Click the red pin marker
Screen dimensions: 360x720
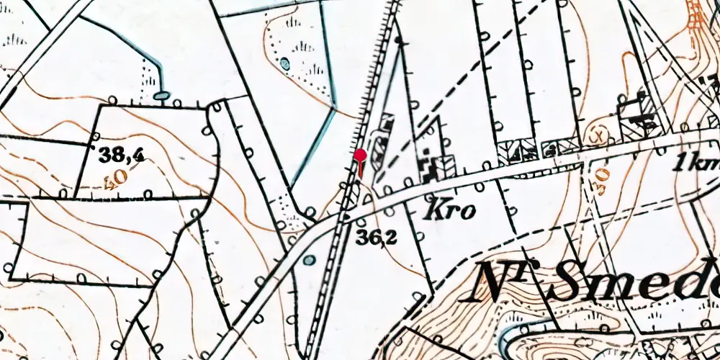[x=360, y=155]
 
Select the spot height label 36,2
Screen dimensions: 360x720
[x=375, y=237]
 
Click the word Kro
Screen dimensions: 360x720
[x=450, y=211]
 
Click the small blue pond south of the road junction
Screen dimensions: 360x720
[x=309, y=259]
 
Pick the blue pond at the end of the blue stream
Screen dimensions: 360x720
[x=162, y=94]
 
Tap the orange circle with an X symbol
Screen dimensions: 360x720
[x=597, y=135]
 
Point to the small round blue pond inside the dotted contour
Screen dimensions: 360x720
[x=285, y=63]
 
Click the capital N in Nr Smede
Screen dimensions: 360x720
[x=497, y=282]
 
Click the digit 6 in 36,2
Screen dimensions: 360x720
[x=372, y=237]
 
